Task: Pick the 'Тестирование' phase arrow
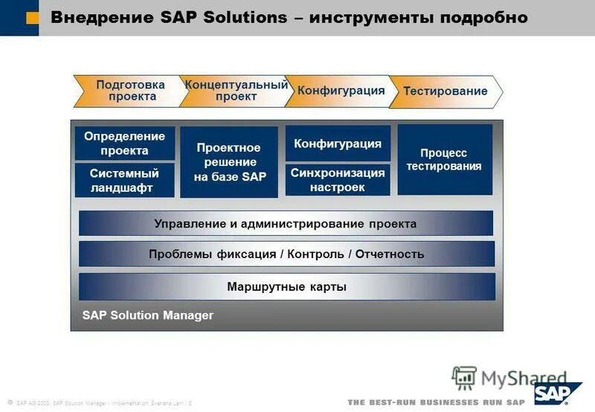pyautogui.click(x=445, y=91)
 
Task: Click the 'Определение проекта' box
pyautogui.click(x=125, y=144)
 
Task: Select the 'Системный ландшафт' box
pyautogui.click(x=125, y=181)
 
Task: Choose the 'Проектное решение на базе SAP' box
pyautogui.click(x=229, y=162)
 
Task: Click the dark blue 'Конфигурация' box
pyautogui.click(x=338, y=144)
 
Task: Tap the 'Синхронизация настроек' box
pyautogui.click(x=338, y=180)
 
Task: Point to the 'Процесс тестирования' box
pyautogui.click(x=445, y=159)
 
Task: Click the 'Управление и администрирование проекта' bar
pyautogui.click(x=286, y=223)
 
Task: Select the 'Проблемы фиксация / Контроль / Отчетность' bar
pyautogui.click(x=286, y=254)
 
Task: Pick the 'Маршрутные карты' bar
pyautogui.click(x=286, y=286)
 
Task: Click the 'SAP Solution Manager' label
pyautogui.click(x=148, y=315)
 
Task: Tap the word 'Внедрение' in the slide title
pyautogui.click(x=97, y=17)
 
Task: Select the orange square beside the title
pyautogui.click(x=32, y=19)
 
